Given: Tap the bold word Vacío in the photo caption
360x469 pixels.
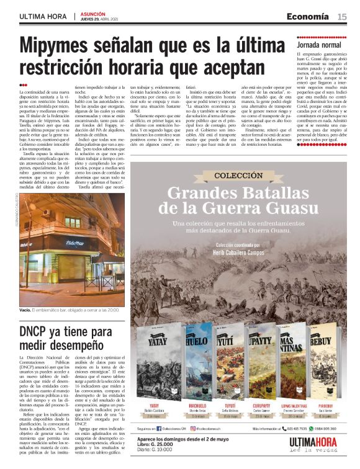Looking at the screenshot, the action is click(x=25, y=309).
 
